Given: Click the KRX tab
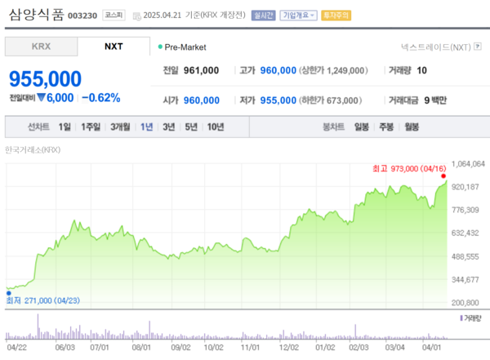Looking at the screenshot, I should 41,47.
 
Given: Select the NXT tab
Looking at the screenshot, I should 114,47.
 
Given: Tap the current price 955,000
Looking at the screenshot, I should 46,78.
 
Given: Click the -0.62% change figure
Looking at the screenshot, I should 101,98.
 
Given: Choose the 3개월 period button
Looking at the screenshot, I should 119,127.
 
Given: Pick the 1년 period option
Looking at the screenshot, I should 146,127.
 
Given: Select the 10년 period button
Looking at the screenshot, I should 216,127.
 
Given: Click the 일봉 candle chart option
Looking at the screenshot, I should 361,127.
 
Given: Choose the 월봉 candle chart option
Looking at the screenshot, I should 412,127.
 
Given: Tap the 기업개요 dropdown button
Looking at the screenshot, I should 298,16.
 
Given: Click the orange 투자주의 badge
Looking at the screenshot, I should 336,16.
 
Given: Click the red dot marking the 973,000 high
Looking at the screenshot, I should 443,176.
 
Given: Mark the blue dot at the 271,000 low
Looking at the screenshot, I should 7,289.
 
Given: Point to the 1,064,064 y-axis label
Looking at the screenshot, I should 468,164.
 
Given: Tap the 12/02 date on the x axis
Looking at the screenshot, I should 288,347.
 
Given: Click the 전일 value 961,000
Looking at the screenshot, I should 201,71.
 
